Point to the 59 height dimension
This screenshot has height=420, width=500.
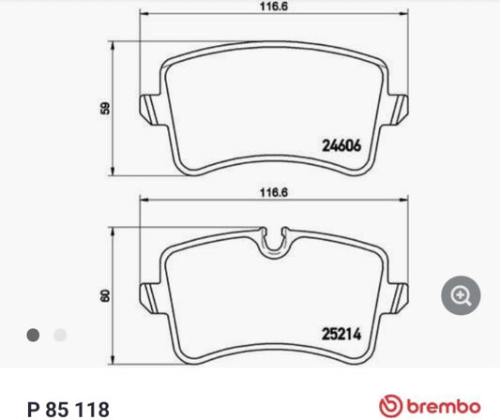[x=106, y=108]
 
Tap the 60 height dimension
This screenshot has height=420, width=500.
[x=106, y=295]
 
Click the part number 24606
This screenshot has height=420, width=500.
[x=343, y=146]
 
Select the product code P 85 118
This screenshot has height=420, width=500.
[x=68, y=408]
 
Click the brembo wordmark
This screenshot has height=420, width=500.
[x=451, y=407]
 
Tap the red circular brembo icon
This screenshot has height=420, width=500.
[x=394, y=407]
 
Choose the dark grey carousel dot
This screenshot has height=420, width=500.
[x=33, y=334]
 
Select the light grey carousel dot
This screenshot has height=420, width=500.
[x=60, y=334]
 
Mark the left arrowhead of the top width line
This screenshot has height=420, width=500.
[x=143, y=16]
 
